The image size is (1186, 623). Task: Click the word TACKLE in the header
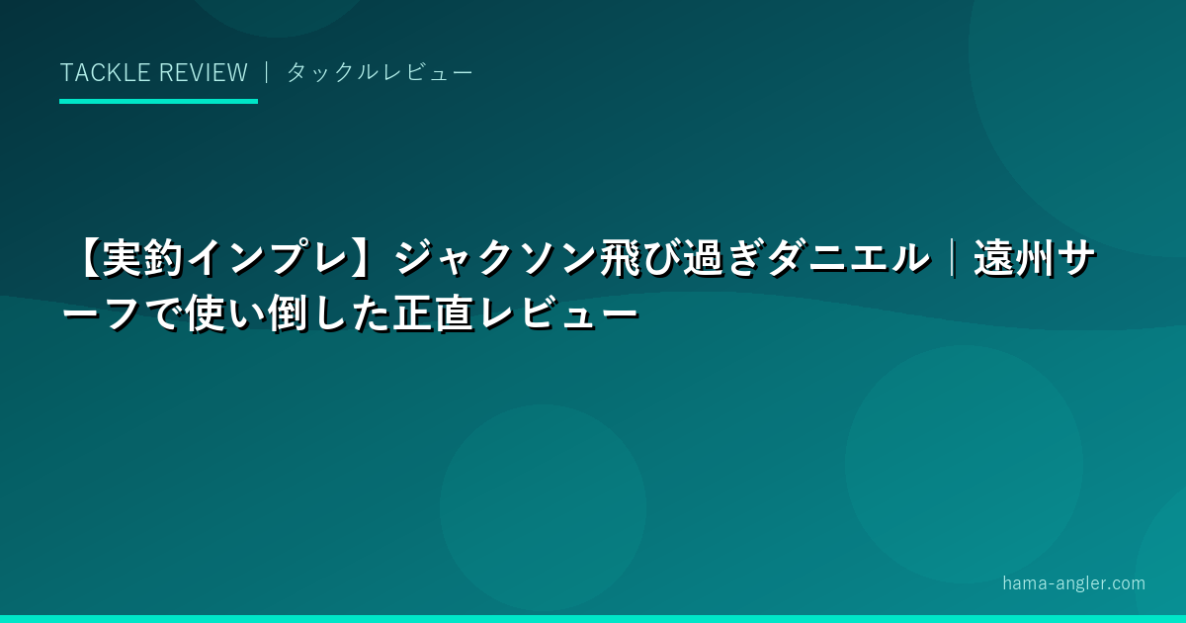(x=106, y=72)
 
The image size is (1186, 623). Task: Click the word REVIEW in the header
(x=204, y=72)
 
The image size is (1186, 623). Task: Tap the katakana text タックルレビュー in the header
(x=380, y=72)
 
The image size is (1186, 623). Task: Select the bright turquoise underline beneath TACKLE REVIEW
(x=158, y=101)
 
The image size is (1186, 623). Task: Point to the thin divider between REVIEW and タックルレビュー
(x=267, y=72)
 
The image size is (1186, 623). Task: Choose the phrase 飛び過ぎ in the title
(x=683, y=259)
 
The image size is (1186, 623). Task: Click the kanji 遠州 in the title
(x=1015, y=259)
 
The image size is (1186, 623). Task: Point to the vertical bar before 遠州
(x=953, y=259)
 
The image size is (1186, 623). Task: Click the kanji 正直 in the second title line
(x=433, y=314)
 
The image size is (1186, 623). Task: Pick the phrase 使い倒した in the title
(x=287, y=314)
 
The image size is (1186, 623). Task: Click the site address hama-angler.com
(x=1073, y=583)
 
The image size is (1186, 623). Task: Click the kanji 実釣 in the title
(x=143, y=259)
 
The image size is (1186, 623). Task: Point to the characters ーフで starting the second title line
(x=122, y=314)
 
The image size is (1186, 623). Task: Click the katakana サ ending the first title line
(x=1076, y=259)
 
